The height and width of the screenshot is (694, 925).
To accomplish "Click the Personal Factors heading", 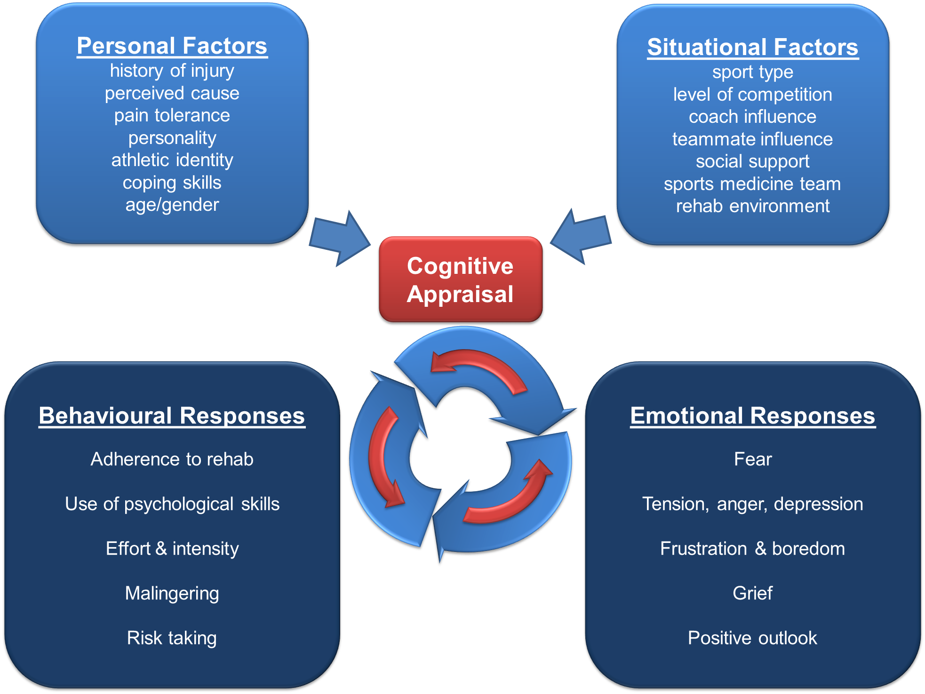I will pos(172,46).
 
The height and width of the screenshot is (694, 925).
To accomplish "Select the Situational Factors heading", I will pos(752,48).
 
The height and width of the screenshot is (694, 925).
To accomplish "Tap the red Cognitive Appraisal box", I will pos(460,280).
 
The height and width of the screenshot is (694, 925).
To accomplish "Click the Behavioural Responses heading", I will pos(172,416).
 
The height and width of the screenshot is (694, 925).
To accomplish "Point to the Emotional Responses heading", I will pos(752,416).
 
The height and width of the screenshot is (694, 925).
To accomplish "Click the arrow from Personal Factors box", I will pos(340,239).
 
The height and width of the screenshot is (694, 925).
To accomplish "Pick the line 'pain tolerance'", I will pos(172,116).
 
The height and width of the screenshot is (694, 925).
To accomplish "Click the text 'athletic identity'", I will pos(172,160).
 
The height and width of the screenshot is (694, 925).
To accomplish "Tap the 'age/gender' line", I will pos(172,205).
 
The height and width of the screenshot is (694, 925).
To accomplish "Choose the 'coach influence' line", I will pos(752,117).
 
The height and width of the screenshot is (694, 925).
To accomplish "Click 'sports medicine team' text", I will pos(752,184).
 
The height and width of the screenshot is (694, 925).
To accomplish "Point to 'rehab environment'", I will pos(752,206).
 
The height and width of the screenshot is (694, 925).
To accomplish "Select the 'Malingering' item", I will pos(172,593).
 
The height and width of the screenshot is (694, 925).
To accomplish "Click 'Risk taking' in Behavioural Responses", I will pos(172,638).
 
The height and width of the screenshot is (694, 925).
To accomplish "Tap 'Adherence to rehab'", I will pos(172,459).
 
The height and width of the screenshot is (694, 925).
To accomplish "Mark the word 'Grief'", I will pos(752,593).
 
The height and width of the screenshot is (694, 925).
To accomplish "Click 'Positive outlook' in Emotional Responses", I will pos(752,638).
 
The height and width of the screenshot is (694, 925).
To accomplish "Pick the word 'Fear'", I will pos(753,459).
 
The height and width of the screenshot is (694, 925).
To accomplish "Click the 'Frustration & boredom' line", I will pos(752,549).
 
